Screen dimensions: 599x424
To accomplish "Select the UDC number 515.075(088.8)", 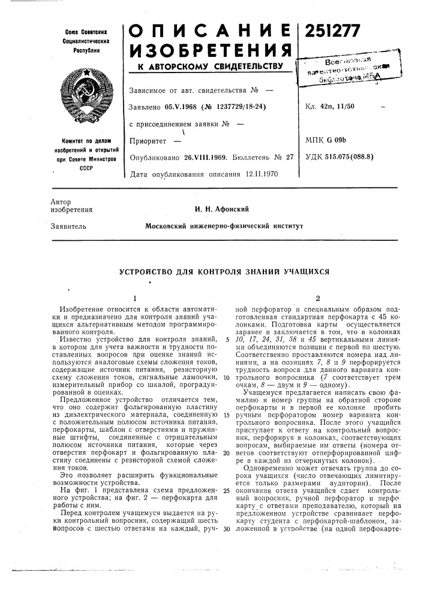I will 351,158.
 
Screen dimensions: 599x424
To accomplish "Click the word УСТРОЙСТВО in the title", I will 155,270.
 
